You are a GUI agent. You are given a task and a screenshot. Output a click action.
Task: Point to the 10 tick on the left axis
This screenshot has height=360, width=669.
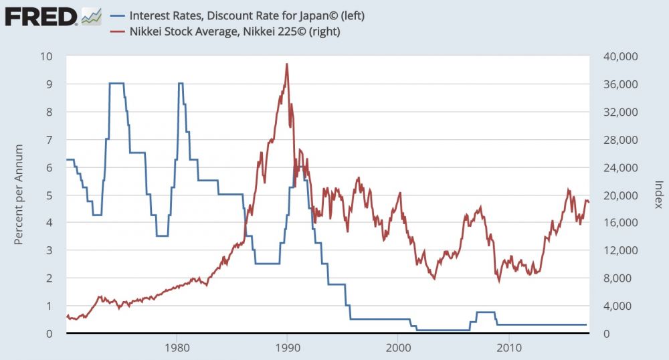46,56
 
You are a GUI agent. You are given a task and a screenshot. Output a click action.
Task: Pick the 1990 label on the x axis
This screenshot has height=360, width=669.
288,348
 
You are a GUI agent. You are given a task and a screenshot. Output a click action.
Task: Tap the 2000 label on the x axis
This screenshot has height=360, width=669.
399,348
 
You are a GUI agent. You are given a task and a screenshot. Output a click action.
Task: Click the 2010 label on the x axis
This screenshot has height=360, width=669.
510,348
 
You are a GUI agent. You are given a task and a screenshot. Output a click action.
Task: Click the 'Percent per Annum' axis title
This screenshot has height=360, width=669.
19,194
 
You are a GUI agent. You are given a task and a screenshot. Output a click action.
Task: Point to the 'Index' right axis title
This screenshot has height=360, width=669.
658,194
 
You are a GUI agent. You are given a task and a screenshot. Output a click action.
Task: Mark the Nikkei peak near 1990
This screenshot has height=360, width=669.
287,64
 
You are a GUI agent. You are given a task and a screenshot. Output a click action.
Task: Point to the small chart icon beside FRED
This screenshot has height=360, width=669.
92,15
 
